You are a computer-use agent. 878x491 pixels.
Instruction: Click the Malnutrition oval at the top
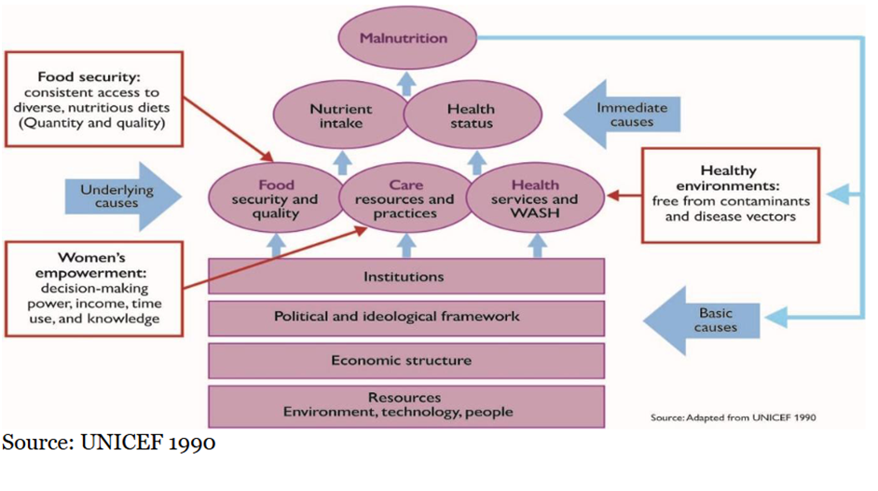click(x=405, y=39)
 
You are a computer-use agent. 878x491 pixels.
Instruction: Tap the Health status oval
click(x=471, y=116)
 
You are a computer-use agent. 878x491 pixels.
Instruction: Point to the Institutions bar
click(x=403, y=277)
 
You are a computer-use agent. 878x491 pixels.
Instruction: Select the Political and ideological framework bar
click(x=403, y=318)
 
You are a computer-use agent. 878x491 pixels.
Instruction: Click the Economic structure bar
click(x=403, y=361)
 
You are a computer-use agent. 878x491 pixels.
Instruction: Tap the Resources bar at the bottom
click(x=403, y=404)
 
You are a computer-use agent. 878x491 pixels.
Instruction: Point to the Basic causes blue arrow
click(x=704, y=320)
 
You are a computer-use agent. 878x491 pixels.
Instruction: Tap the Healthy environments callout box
click(x=730, y=196)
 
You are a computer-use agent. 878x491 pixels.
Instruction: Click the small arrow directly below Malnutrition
click(x=405, y=83)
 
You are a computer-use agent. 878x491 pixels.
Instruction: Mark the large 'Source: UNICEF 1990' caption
click(x=109, y=443)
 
